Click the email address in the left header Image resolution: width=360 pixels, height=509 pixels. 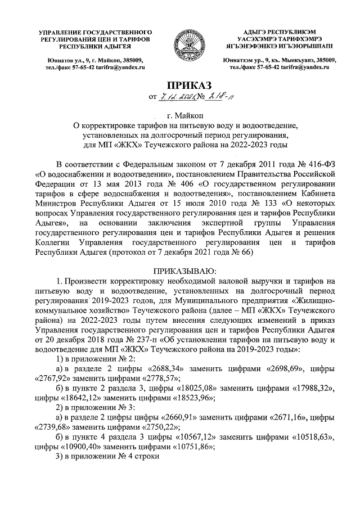[120, 67]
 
